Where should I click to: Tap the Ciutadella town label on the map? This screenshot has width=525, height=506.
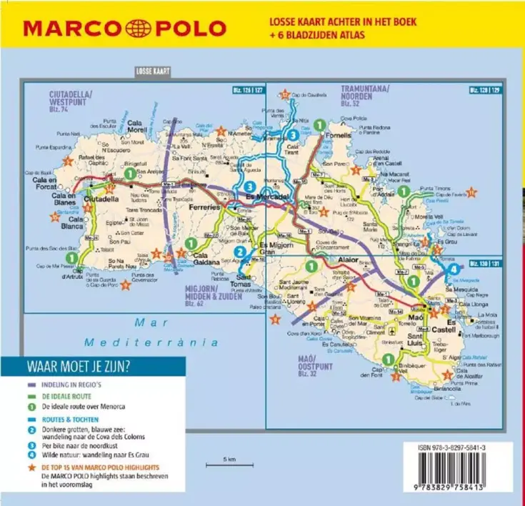(101, 199)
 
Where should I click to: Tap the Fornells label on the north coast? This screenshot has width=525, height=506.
(338, 134)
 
